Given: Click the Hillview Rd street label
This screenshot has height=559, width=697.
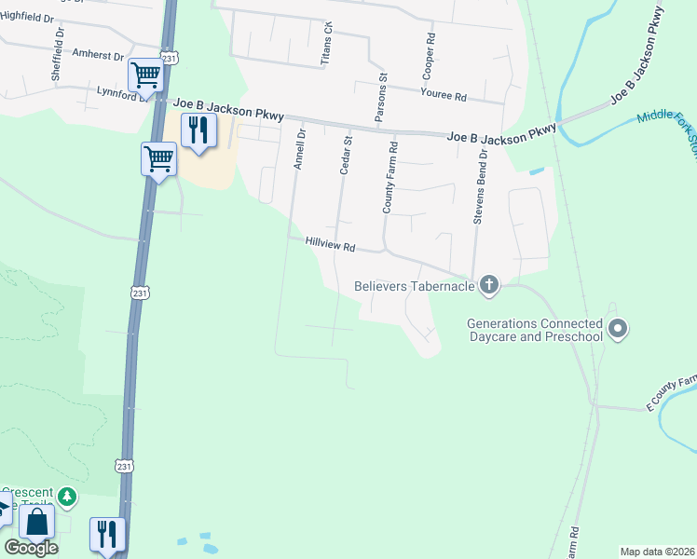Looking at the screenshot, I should click(x=331, y=246).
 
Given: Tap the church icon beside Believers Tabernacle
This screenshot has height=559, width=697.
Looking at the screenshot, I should click(x=489, y=286).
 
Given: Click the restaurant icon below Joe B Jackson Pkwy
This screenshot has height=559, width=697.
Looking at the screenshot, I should click(x=198, y=130).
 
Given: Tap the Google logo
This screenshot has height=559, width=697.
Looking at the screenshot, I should click(x=31, y=548).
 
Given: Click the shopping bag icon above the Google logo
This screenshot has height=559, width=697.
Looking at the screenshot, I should click(x=36, y=523).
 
